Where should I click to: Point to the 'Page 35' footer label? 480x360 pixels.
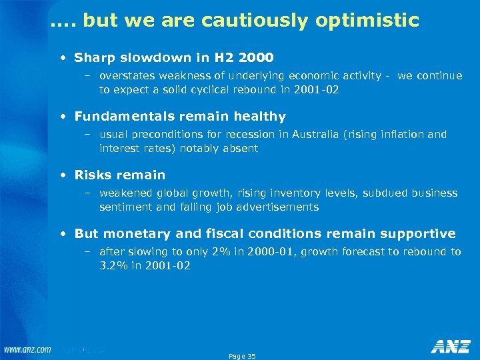pyautogui.click(x=242, y=356)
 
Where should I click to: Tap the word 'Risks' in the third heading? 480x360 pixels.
pyautogui.click(x=93, y=175)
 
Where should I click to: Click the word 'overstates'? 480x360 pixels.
pyautogui.click(x=125, y=76)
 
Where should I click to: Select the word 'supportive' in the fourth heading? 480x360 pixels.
pyautogui.click(x=418, y=234)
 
